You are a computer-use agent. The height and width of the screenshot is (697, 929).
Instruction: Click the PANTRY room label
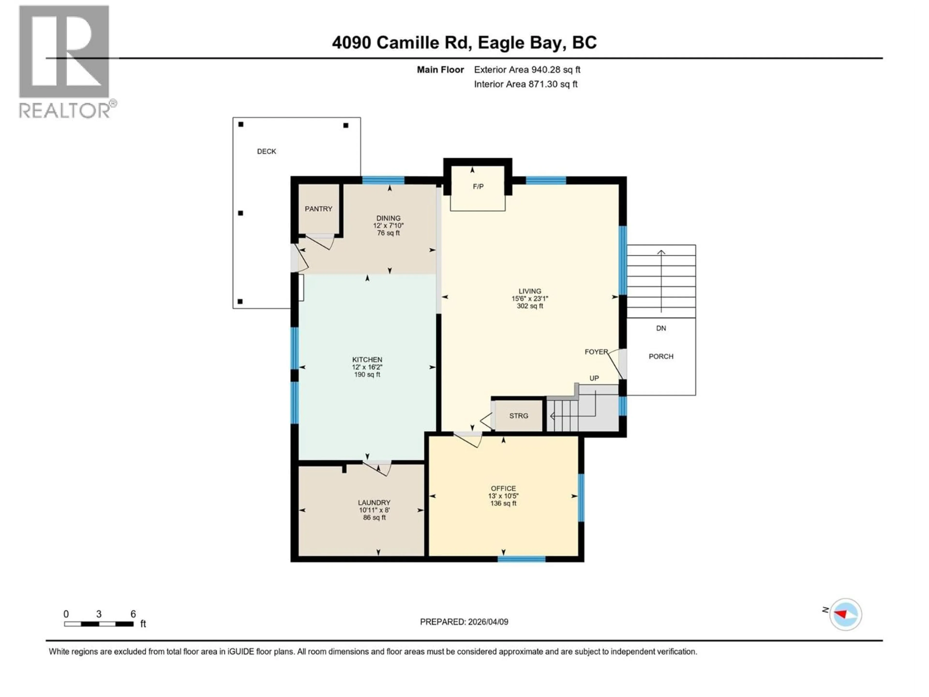(318, 209)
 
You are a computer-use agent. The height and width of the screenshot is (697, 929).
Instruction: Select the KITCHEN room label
(367, 360)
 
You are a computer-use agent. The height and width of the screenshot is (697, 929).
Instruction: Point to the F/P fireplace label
(478, 187)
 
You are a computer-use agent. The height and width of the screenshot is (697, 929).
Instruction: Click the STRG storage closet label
(519, 416)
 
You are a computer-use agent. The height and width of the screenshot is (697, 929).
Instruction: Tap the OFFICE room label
(503, 489)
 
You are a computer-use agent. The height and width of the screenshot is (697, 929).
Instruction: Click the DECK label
(267, 151)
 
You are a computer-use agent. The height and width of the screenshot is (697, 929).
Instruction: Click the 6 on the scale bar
(133, 614)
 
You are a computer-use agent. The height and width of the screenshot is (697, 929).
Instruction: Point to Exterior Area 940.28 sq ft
(527, 70)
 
